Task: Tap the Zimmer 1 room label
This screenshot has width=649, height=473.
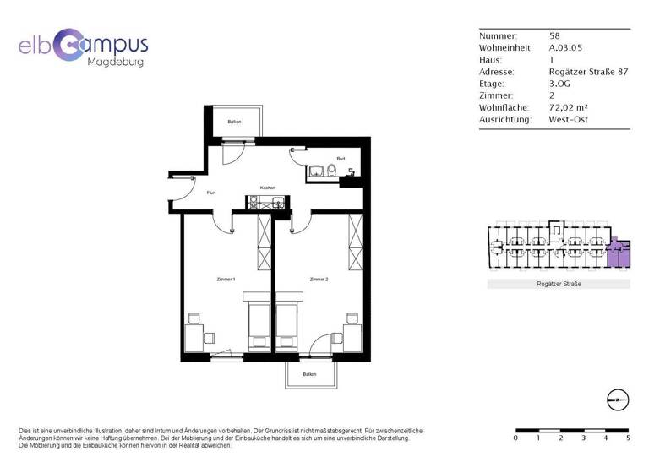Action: click(225, 279)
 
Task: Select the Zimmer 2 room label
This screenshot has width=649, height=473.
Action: click(319, 279)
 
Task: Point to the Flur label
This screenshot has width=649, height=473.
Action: click(210, 193)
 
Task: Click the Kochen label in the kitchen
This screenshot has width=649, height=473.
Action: click(268, 188)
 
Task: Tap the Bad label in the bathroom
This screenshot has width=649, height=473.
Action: click(341, 159)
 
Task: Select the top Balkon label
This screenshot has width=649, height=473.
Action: click(234, 122)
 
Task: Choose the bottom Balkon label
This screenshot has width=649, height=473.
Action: click(309, 374)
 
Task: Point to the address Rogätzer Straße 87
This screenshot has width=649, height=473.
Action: click(588, 73)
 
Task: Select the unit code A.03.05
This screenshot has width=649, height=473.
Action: click(566, 48)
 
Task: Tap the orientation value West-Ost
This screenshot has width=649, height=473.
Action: click(570, 120)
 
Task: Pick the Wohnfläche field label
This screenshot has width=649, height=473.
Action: click(504, 108)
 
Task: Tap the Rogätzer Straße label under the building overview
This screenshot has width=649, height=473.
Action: click(558, 285)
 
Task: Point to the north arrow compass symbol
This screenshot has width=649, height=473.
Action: click(617, 400)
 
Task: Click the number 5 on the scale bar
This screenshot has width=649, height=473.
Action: click(628, 438)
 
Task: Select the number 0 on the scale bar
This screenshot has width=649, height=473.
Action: click(515, 438)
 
